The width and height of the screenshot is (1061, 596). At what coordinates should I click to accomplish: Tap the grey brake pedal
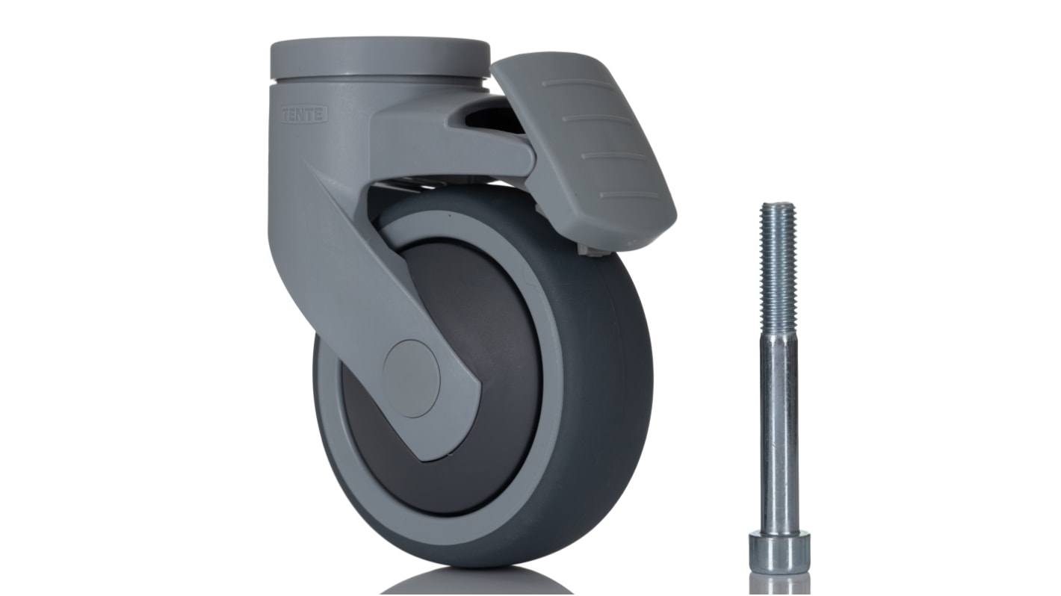point(590,149)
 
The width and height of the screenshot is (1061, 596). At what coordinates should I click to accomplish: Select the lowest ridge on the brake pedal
point(629,196)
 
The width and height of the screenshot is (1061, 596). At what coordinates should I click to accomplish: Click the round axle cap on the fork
point(411,378)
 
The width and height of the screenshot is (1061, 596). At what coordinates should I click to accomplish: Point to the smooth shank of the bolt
point(779,433)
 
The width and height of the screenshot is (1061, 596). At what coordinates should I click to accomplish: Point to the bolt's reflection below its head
point(779,584)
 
